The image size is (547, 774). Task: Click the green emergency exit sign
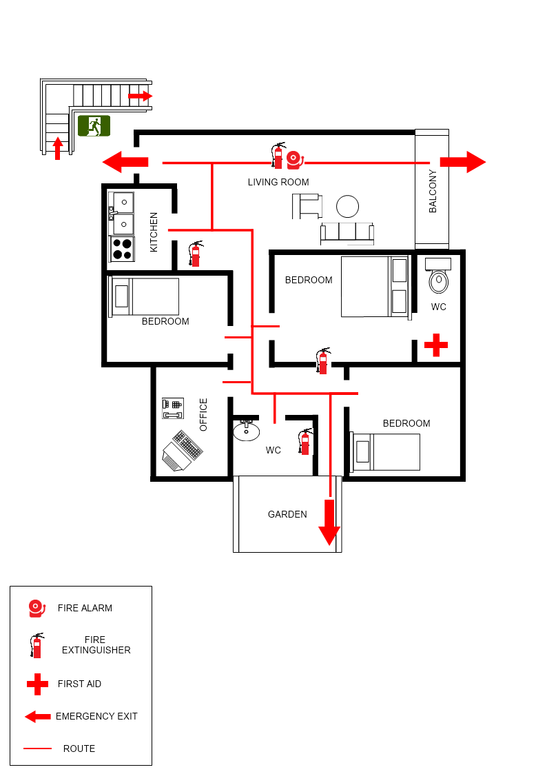pyautogui.click(x=94, y=125)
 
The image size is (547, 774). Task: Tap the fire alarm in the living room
pyautogui.click(x=295, y=159)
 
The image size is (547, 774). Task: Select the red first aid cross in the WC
pyautogui.click(x=435, y=345)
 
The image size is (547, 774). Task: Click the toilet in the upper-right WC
pyautogui.click(x=439, y=280)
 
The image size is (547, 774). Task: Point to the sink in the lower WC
pyautogui.click(x=246, y=431)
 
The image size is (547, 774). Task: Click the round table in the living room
pyautogui.click(x=348, y=207)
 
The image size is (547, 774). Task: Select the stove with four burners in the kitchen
pyautogui.click(x=123, y=249)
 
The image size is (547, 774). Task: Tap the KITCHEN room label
pyautogui.click(x=154, y=232)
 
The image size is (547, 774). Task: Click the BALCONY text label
pyautogui.click(x=433, y=191)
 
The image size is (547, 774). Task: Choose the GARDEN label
pyautogui.click(x=287, y=514)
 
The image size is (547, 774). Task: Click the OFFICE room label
pyautogui.click(x=203, y=415)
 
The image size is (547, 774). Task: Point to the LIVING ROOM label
pyautogui.click(x=278, y=182)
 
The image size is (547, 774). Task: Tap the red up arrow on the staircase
pyautogui.click(x=58, y=147)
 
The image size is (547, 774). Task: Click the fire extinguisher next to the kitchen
pyautogui.click(x=196, y=254)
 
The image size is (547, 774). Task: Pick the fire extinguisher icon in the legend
pyautogui.click(x=37, y=645)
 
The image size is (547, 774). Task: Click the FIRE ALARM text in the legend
pyautogui.click(x=85, y=608)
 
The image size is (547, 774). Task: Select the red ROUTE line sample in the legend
pyautogui.click(x=37, y=748)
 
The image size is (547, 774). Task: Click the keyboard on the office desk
pyautogui.click(x=187, y=445)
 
